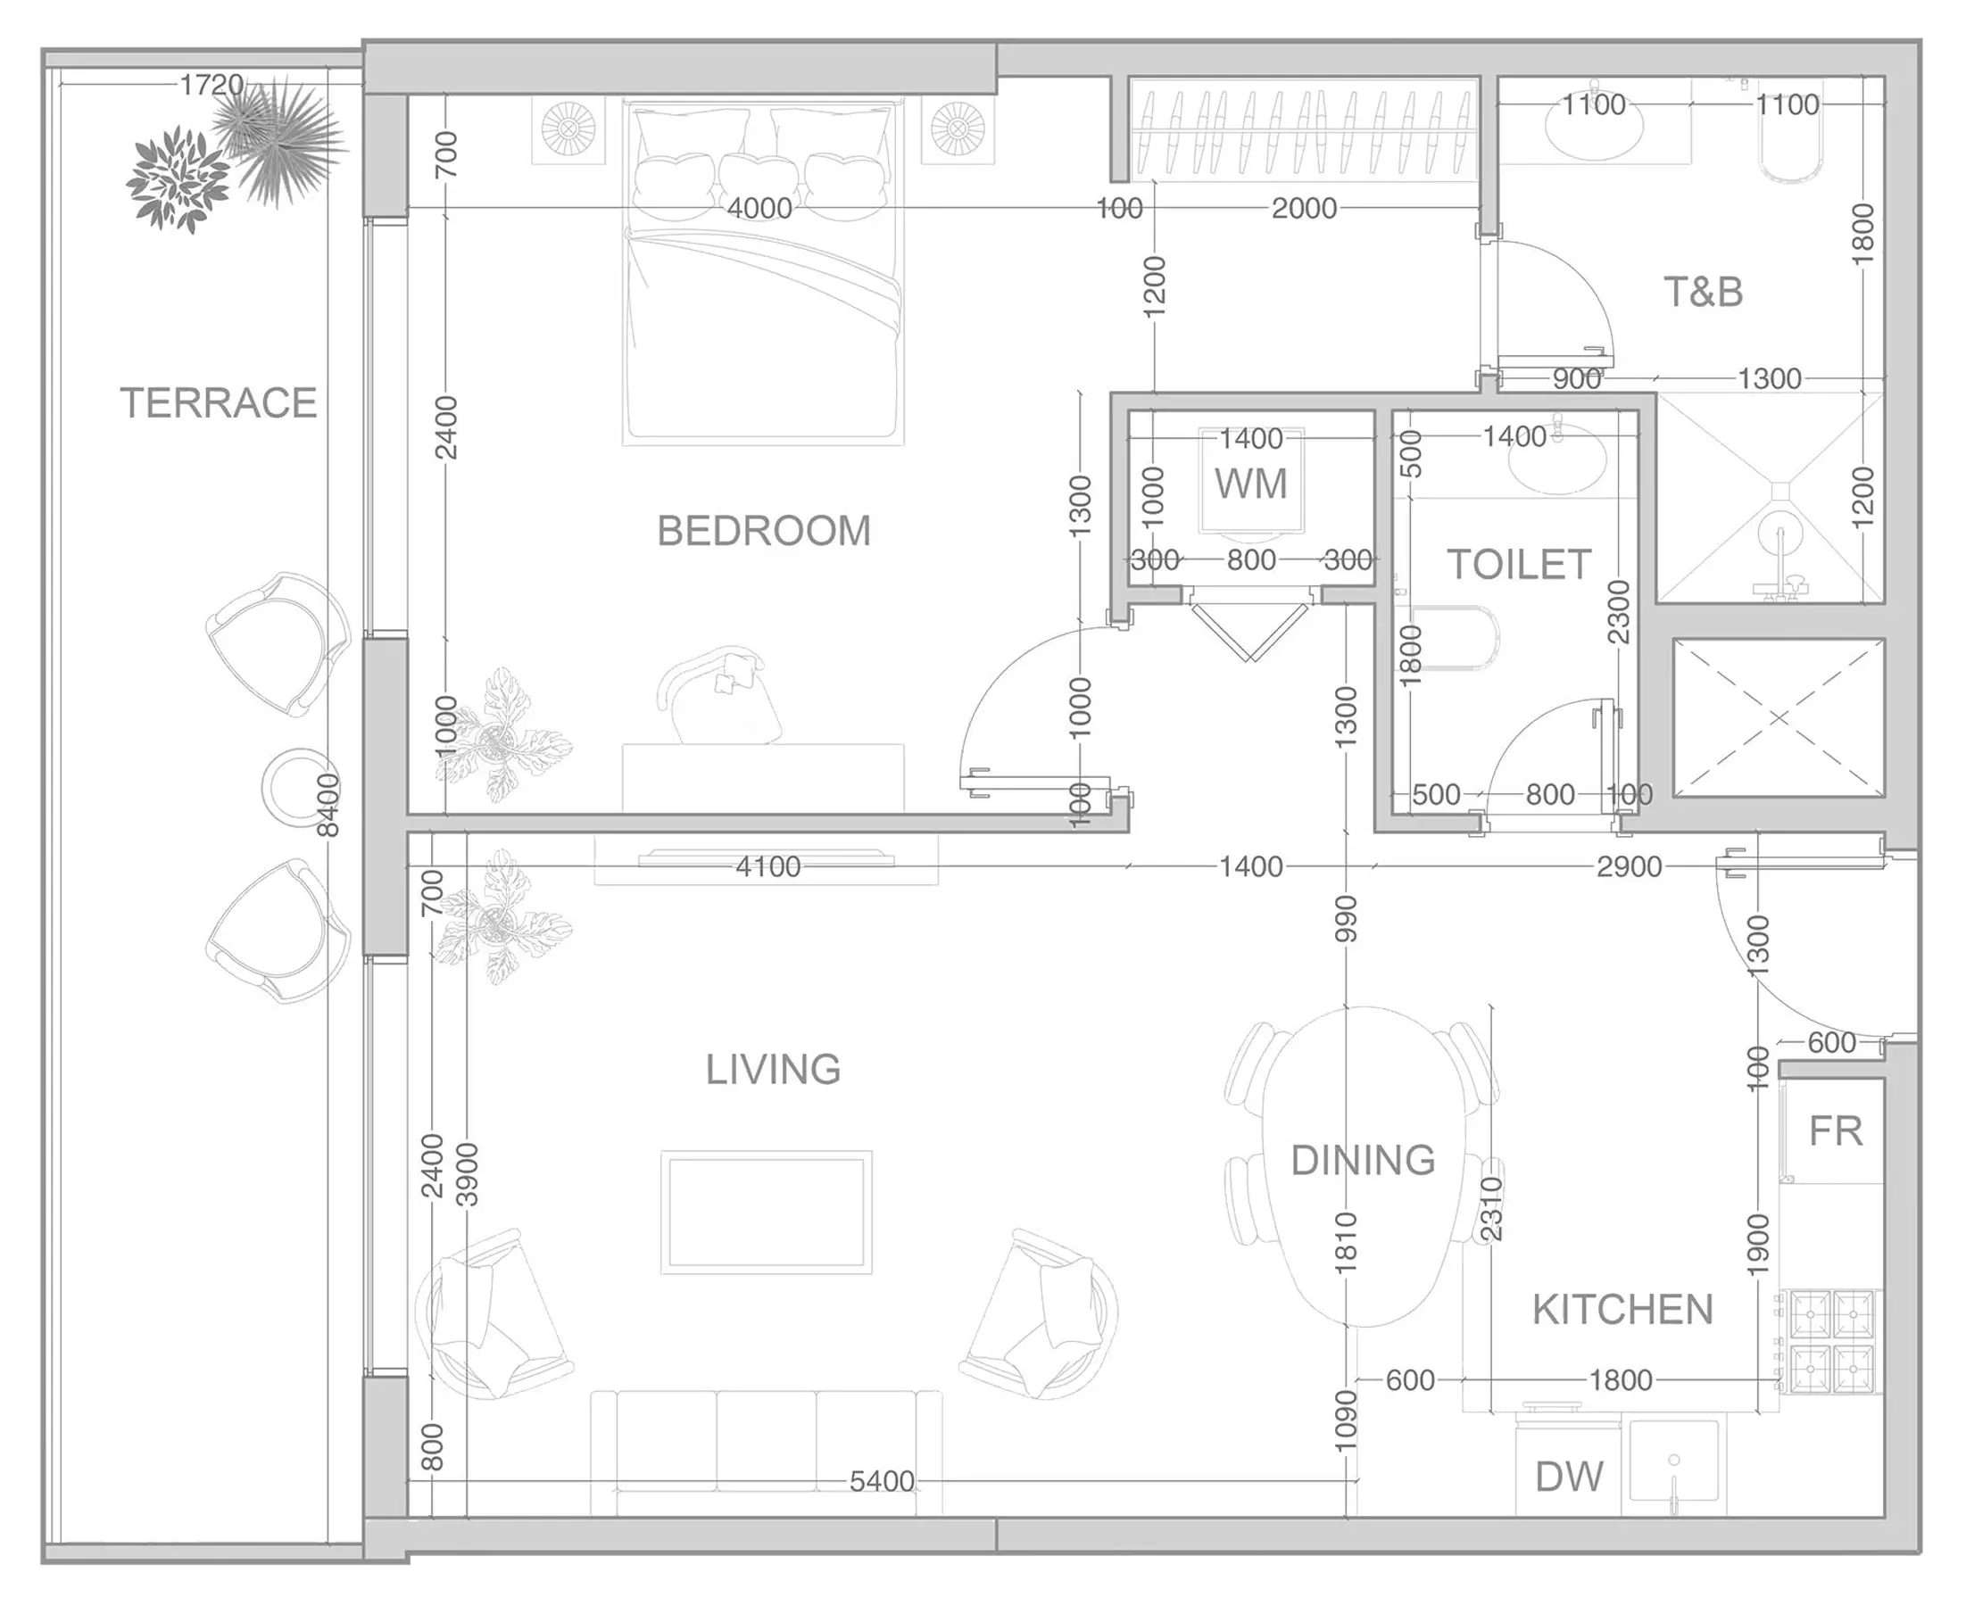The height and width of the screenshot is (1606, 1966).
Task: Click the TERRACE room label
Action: click(219, 403)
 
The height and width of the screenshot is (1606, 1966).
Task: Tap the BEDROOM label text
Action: click(764, 531)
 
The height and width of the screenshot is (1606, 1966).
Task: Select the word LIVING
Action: click(774, 1070)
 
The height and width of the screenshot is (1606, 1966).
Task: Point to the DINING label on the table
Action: click(1363, 1160)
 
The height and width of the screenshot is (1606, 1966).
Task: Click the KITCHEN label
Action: click(1622, 1310)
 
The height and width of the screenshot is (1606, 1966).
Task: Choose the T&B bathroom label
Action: click(1704, 293)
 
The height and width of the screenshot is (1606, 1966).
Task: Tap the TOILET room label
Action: click(1519, 564)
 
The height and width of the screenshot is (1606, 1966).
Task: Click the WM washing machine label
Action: click(1251, 484)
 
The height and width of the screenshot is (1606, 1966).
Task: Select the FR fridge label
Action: click(1836, 1131)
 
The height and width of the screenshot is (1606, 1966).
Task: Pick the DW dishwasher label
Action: click(1569, 1478)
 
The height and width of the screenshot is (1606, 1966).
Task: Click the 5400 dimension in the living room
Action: click(882, 1481)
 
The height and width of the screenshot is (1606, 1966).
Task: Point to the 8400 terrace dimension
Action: click(328, 806)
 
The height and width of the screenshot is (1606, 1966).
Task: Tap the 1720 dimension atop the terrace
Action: click(212, 85)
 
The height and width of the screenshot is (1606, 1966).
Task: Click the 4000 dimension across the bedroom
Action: click(759, 208)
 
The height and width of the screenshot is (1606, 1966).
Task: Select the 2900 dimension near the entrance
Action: click(1630, 867)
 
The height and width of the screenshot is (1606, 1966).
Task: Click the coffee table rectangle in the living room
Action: click(766, 1213)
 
